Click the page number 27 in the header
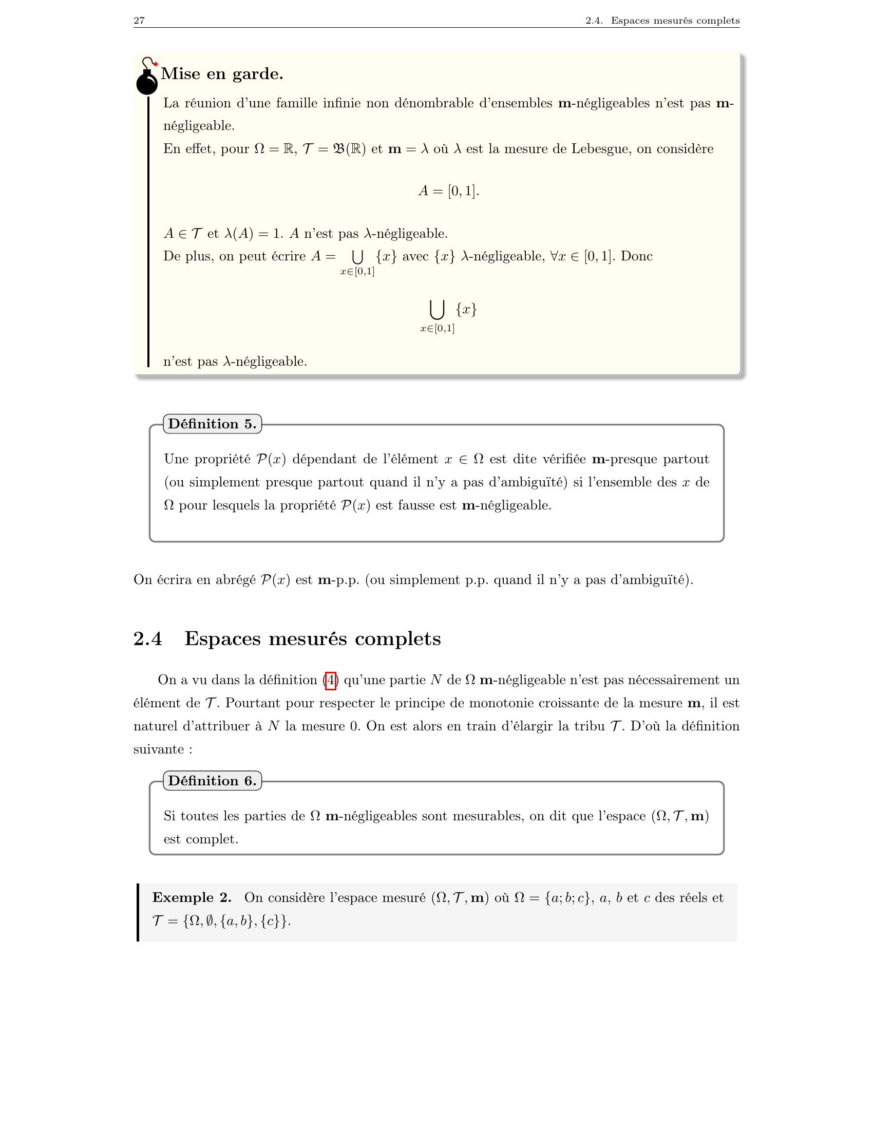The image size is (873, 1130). pyautogui.click(x=139, y=21)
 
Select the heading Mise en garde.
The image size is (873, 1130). pyautogui.click(x=222, y=74)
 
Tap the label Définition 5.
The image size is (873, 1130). pyautogui.click(x=212, y=424)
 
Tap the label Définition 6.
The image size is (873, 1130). pyautogui.click(x=212, y=781)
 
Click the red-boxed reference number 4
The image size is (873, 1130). pyautogui.click(x=331, y=680)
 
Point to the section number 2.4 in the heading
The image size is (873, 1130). pyautogui.click(x=148, y=638)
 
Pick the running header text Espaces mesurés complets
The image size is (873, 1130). pyautogui.click(x=674, y=21)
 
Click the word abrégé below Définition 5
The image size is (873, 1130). pyautogui.click(x=235, y=580)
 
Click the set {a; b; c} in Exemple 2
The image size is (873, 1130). pyautogui.click(x=566, y=898)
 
